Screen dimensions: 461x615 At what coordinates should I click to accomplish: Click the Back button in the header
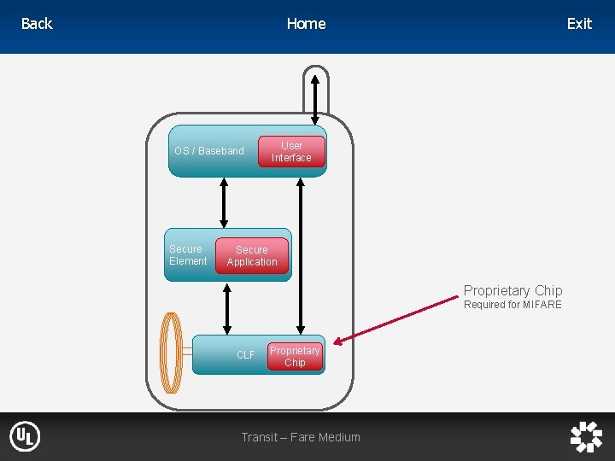pos(37,24)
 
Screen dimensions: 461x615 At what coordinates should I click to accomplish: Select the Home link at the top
pos(306,24)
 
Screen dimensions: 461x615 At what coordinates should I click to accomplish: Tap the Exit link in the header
pos(579,24)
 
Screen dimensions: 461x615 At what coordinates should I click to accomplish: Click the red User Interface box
pos(291,152)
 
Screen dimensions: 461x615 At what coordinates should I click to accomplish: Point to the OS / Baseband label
pos(209,151)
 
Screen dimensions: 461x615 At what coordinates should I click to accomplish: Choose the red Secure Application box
pos(252,256)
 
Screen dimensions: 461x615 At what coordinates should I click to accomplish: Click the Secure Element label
pos(188,255)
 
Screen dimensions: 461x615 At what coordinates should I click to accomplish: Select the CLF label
pos(245,355)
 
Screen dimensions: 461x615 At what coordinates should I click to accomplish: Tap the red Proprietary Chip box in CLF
pos(295,357)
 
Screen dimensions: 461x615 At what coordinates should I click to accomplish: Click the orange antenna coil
pos(173,353)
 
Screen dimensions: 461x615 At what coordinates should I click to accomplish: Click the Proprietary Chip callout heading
pos(512,291)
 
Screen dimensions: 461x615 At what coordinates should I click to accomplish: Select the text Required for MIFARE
pos(512,305)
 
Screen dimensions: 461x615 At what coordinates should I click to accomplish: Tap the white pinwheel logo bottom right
pos(586,436)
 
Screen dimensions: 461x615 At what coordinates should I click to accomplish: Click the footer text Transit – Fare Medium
pos(301,437)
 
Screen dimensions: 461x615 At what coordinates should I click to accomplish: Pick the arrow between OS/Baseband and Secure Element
pos(224,202)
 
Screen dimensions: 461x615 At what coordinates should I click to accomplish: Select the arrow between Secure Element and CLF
pos(227,308)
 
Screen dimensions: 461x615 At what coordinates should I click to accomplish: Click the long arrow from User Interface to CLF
pos(300,256)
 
